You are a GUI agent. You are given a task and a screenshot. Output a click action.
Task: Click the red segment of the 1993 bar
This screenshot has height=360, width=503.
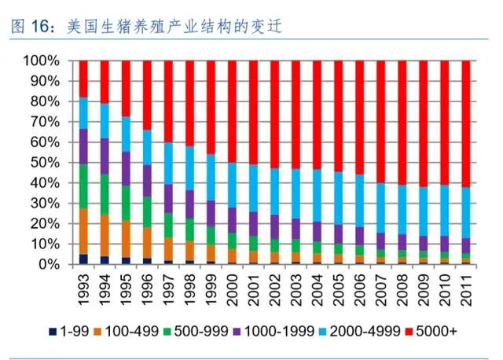click(x=83, y=79)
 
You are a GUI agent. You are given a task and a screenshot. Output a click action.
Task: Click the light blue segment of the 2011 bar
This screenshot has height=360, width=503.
click(x=465, y=212)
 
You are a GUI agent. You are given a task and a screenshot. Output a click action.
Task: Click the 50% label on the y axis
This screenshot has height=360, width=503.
click(x=45, y=163)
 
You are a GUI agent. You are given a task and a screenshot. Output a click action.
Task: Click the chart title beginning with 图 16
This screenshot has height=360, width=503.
click(x=145, y=26)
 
